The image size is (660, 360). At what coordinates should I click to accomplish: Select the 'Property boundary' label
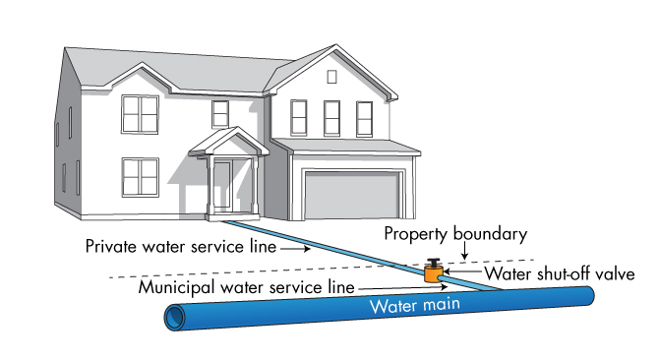tap(455, 234)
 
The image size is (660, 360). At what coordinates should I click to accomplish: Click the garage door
tap(353, 194)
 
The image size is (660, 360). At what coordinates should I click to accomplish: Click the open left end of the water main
tap(175, 319)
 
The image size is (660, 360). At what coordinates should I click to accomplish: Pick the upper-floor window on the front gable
tap(140, 113)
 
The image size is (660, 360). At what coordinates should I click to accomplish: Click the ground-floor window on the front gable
tap(140, 177)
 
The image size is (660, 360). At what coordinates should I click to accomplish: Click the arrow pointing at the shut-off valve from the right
tap(454, 273)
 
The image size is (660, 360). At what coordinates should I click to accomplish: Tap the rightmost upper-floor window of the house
tap(365, 119)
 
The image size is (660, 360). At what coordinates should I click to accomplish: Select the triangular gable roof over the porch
tap(227, 142)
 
